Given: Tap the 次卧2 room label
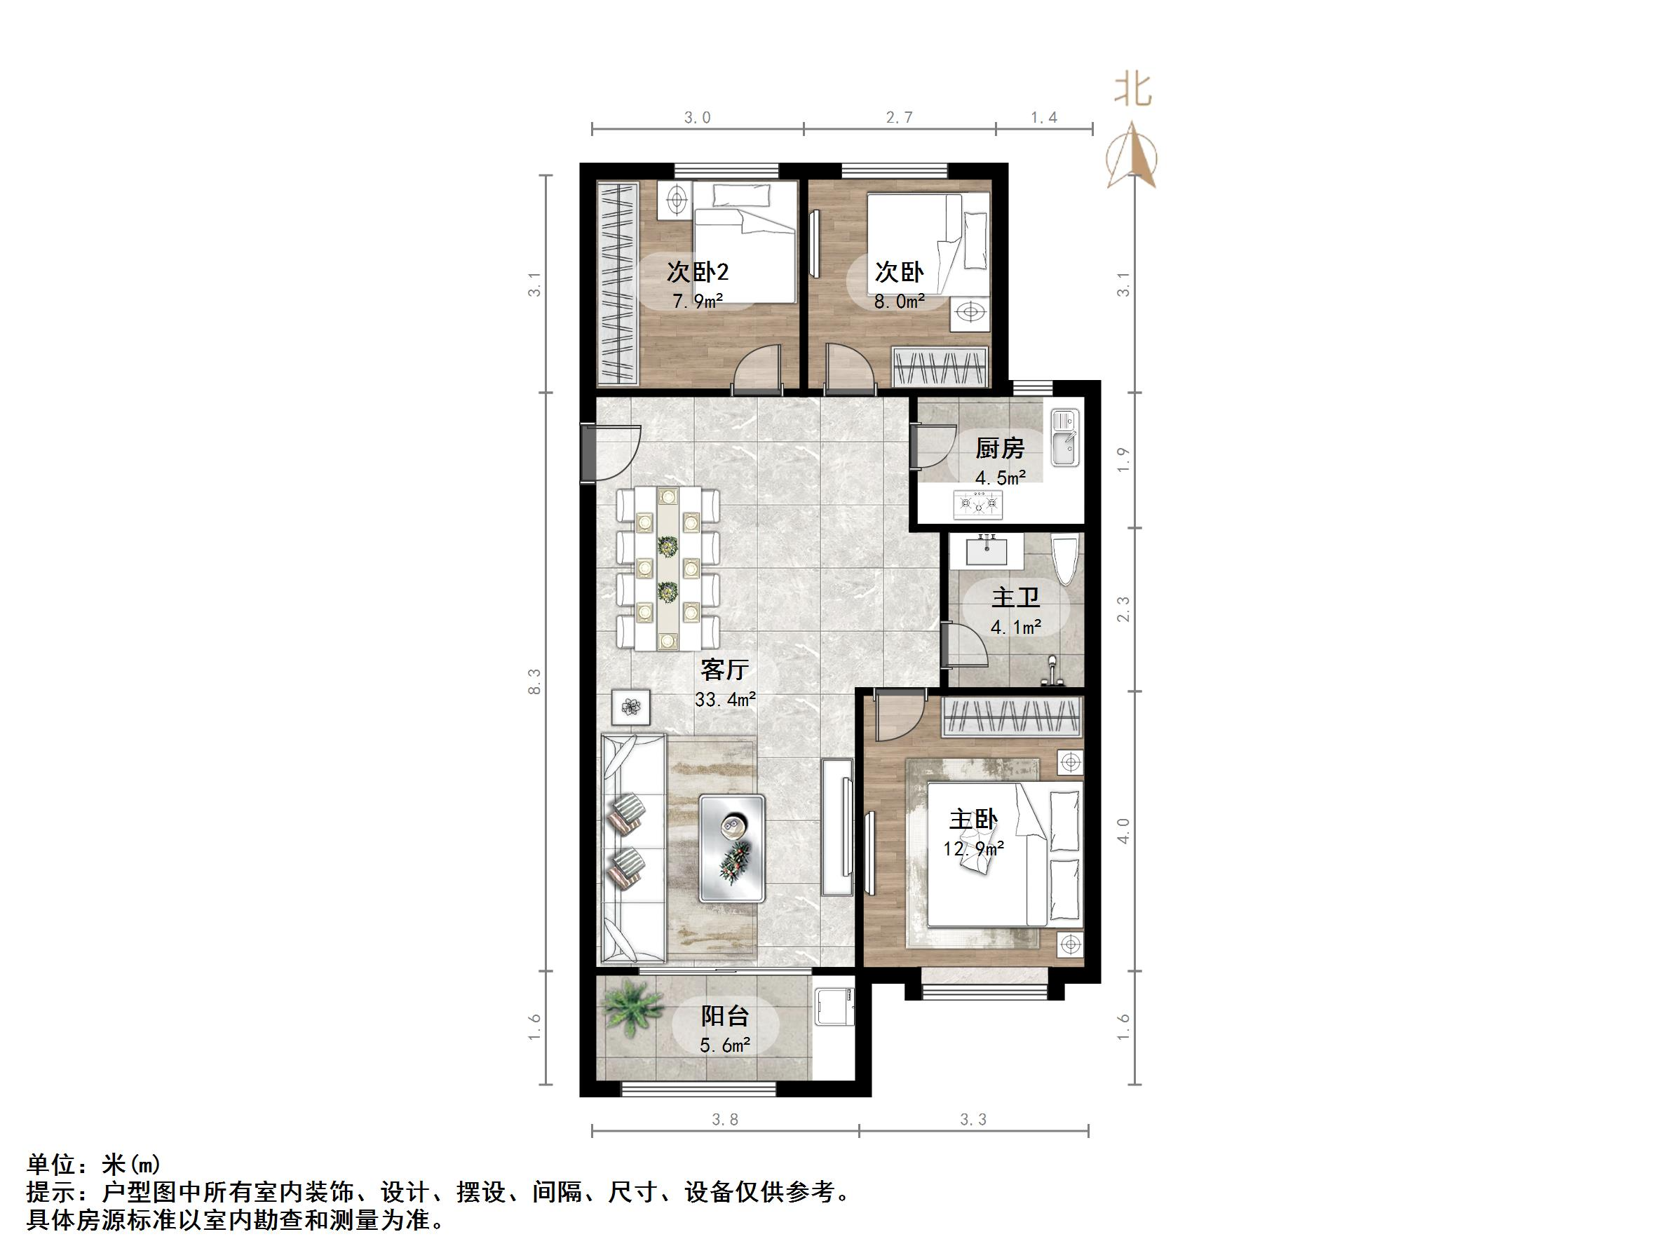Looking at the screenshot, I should point(697,272).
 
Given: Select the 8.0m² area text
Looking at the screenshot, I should point(899,302).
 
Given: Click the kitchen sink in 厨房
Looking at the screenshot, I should point(1065,438).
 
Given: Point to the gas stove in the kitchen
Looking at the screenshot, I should point(978,503).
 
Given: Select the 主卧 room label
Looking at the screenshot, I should point(973,820).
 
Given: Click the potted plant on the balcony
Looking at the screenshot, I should point(630,1008).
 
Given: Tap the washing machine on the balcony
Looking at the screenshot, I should point(833,1007).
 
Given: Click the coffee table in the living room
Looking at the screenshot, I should point(732,848).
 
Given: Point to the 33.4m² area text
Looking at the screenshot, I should point(724,700).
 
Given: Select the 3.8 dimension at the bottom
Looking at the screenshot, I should point(724,1120).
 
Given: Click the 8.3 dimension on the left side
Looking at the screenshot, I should point(535,681).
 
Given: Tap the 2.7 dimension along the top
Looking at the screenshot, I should point(898,118).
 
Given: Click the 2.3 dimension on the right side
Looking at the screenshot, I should point(1124,609).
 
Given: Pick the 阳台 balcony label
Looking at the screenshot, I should point(724,1016).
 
